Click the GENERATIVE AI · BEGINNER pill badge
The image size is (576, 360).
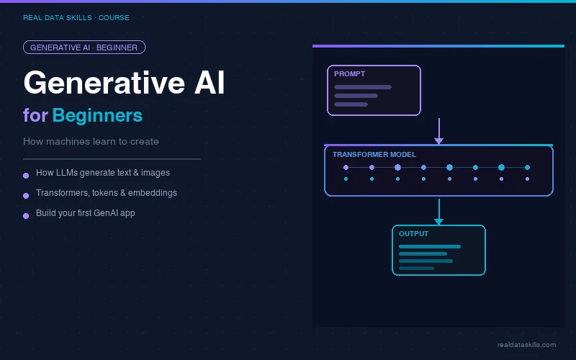tap(84, 48)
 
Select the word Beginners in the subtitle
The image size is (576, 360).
tap(97, 115)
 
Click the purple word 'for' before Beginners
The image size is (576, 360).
tap(35, 115)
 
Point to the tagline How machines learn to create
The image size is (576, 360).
tap(91, 141)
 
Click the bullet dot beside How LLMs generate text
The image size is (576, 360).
tap(26, 175)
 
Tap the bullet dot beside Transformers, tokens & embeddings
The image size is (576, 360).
tap(26, 195)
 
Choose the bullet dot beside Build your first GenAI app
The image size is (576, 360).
tap(26, 215)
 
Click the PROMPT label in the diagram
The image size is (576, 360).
tap(349, 74)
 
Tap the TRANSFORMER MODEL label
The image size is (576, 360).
tap(374, 155)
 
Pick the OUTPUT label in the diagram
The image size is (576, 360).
tap(413, 234)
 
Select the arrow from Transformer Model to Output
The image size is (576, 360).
tap(438, 211)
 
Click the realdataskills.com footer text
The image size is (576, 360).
tap(526, 345)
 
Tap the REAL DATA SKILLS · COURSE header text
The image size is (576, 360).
tap(76, 17)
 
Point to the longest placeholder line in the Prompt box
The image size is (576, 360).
tap(363, 87)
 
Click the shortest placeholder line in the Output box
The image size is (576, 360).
tap(416, 268)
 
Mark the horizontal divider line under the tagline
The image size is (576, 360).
tap(112, 158)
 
